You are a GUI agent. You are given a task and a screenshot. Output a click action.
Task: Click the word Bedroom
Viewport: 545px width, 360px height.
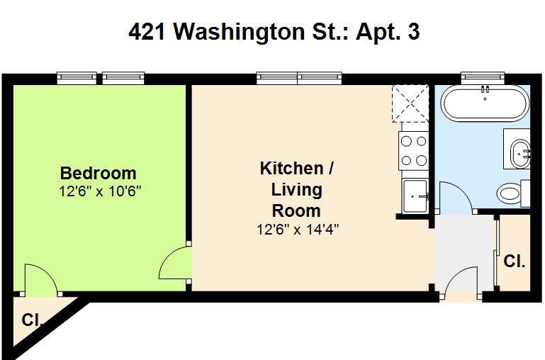tap(98, 173)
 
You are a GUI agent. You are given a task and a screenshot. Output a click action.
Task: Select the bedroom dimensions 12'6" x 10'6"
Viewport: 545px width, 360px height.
tap(100, 191)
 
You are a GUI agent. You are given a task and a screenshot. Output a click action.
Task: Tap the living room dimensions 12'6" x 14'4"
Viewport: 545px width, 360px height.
tap(298, 230)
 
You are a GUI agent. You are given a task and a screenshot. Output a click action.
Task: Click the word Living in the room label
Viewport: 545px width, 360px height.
tap(296, 190)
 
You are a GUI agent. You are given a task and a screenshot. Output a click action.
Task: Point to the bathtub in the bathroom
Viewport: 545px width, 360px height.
tap(485, 103)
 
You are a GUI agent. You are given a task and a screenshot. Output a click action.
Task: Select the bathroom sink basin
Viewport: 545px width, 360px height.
tap(520, 153)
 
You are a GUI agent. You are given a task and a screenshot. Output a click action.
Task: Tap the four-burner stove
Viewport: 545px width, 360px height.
tap(414, 151)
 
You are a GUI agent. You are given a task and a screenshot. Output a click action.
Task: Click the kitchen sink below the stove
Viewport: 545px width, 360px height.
tap(415, 196)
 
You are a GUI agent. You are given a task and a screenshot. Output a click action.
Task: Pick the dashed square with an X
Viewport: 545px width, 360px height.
tap(410, 103)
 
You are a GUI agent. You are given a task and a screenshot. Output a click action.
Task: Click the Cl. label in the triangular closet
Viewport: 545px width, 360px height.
tap(32, 320)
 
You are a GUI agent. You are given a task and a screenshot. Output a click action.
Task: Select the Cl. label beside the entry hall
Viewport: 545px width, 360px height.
tap(514, 261)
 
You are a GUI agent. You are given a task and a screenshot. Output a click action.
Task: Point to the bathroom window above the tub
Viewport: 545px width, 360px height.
tap(483, 78)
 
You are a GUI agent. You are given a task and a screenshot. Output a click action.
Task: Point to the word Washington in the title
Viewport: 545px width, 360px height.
tap(239, 33)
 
